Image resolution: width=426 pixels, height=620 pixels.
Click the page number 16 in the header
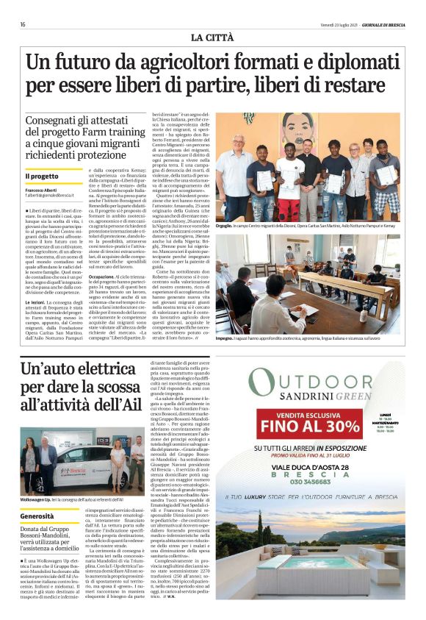(23, 24)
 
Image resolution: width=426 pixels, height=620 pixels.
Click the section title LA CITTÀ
(212, 37)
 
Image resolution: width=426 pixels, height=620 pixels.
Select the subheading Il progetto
(42, 176)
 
